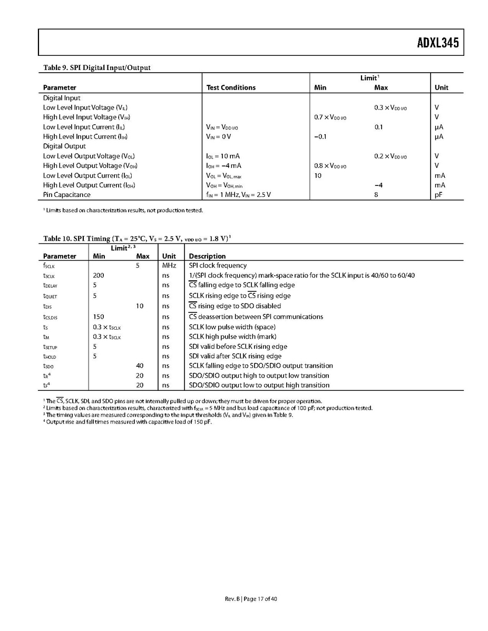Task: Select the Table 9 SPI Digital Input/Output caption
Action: point(97,68)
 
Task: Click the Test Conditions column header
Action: point(231,88)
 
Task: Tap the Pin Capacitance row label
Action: point(67,195)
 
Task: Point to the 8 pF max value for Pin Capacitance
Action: point(378,195)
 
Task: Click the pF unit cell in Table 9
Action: point(438,195)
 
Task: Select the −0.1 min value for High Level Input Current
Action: point(320,136)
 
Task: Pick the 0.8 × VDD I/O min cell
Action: point(330,166)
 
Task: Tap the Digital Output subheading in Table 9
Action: point(64,146)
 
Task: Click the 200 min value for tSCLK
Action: point(99,275)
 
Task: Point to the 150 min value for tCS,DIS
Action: point(99,317)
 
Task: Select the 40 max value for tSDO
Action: point(140,366)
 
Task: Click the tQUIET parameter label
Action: point(50,296)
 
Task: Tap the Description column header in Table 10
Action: point(207,257)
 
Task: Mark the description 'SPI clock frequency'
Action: point(218,265)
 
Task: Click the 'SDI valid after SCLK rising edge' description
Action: point(235,356)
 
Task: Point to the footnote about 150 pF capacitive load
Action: point(128,422)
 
